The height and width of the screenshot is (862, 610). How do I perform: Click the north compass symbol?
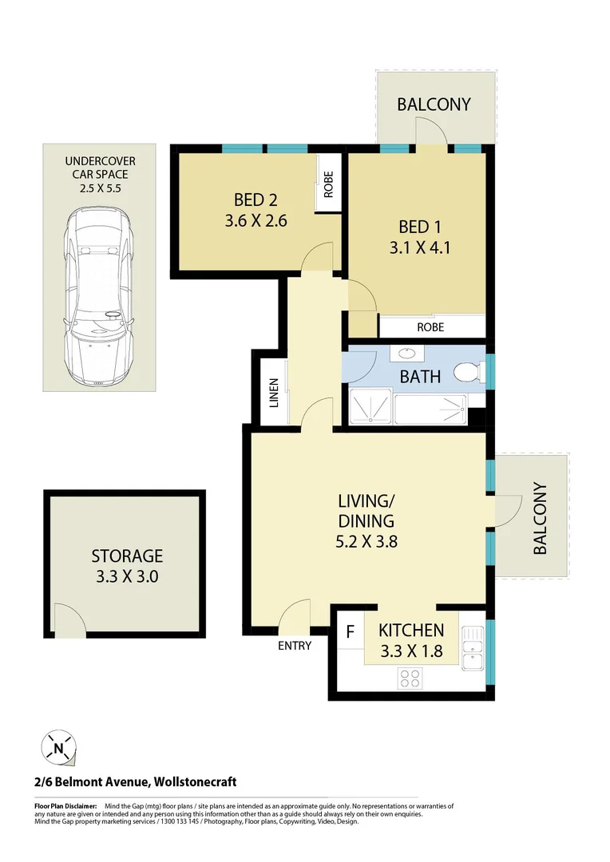point(60,748)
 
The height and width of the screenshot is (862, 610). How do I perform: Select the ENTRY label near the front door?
point(295,646)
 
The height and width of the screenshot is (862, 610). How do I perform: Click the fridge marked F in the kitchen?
point(350,631)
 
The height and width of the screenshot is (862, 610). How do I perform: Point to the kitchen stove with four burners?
point(410,678)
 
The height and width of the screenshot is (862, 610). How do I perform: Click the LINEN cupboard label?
point(273,393)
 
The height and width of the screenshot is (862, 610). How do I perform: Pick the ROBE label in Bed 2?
point(327,185)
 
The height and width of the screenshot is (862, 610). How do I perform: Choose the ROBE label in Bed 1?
point(430,327)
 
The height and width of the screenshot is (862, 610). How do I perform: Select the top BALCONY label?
point(434,104)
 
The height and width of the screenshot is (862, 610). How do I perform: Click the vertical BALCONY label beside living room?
point(540,519)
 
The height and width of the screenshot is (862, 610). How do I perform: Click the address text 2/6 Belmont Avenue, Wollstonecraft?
point(136,782)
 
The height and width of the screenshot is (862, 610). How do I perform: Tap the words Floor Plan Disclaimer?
point(65,807)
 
